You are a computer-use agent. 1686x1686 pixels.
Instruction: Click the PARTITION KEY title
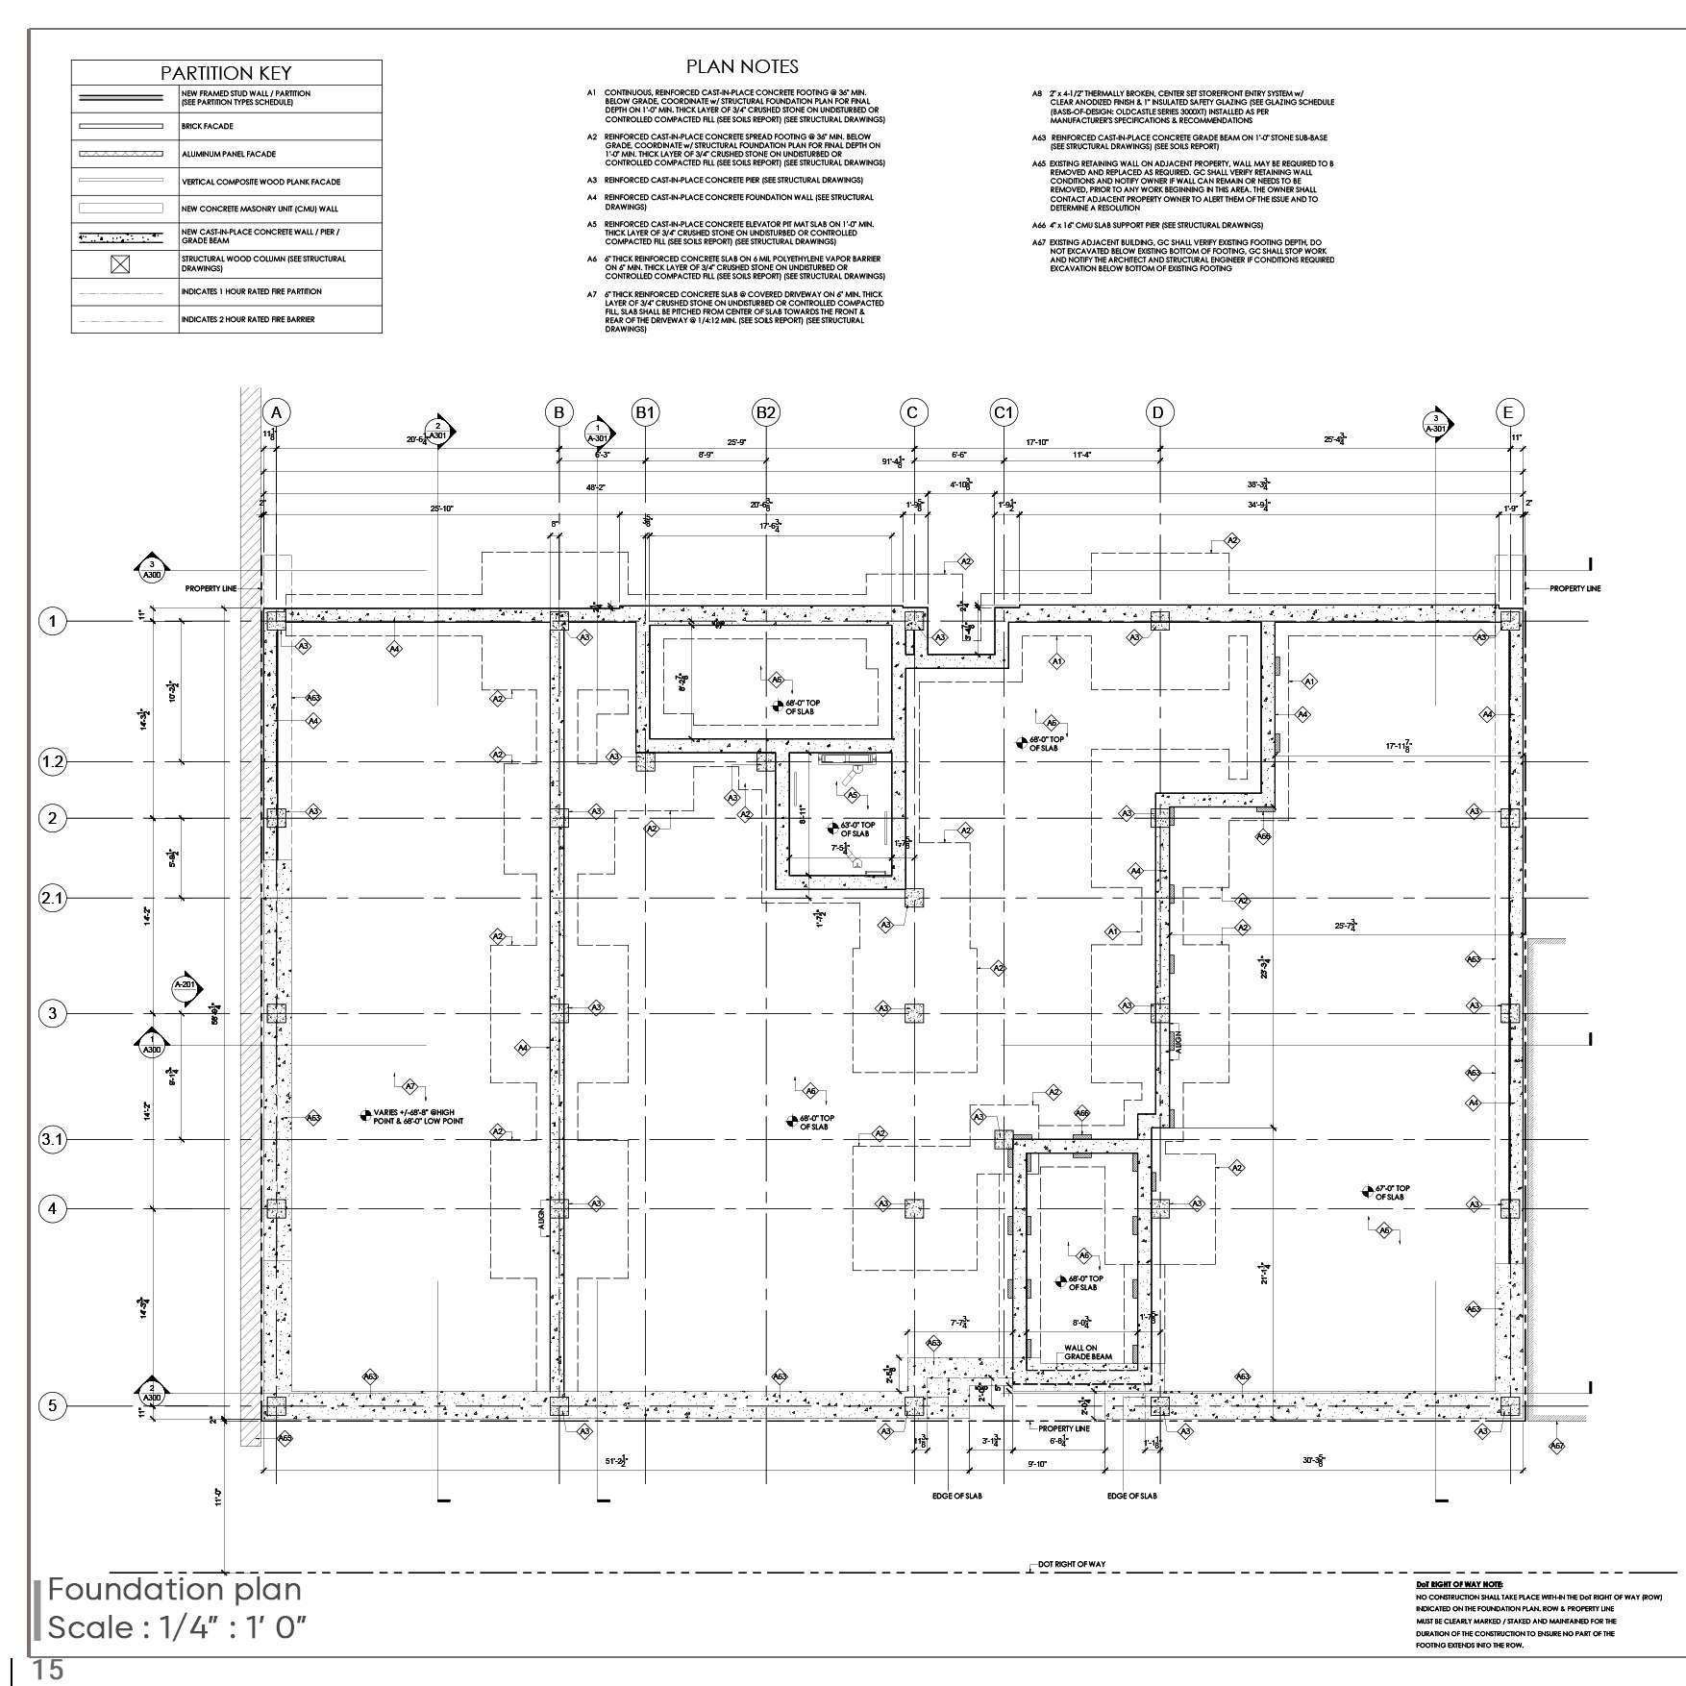coord(226,73)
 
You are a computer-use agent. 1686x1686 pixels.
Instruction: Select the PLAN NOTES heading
coord(741,66)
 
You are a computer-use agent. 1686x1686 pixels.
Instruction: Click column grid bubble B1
coord(645,412)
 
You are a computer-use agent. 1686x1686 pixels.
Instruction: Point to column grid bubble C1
coord(1003,412)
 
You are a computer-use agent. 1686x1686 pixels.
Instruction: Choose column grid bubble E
coord(1508,412)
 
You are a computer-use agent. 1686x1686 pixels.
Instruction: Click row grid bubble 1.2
coord(52,762)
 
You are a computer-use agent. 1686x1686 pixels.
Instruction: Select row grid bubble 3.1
coord(52,1140)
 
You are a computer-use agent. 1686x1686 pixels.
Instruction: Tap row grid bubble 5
coord(52,1406)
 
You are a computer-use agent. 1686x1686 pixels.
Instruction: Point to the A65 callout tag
coord(285,1439)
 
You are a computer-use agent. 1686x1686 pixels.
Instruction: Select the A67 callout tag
coord(1557,1446)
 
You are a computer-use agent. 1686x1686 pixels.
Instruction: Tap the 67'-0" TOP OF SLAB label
coord(1391,1193)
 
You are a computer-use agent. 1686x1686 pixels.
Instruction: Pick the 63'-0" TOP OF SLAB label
coord(857,829)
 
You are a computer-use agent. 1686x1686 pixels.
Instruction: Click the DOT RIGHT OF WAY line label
coord(1071,1564)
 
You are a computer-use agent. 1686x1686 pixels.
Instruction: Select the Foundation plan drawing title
coord(174,1589)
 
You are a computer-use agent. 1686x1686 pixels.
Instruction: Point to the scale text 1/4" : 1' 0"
coord(177,1627)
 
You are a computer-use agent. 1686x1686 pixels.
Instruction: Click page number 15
coord(48,1671)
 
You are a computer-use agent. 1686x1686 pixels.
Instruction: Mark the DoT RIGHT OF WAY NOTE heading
coord(1459,1583)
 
